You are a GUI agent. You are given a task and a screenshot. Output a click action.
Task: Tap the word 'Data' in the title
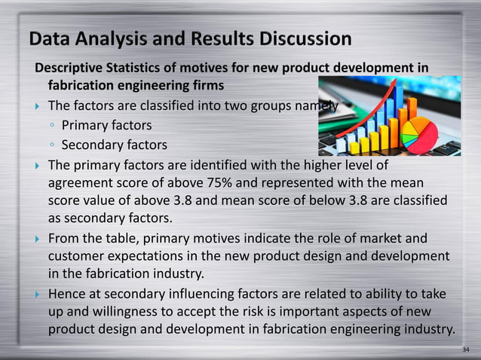coord(51,38)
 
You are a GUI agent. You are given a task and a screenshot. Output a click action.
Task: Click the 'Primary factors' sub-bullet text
coord(106,125)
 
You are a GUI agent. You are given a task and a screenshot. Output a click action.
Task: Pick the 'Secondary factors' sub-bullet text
coord(114,145)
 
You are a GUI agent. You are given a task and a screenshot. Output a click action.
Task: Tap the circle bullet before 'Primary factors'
coord(51,126)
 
